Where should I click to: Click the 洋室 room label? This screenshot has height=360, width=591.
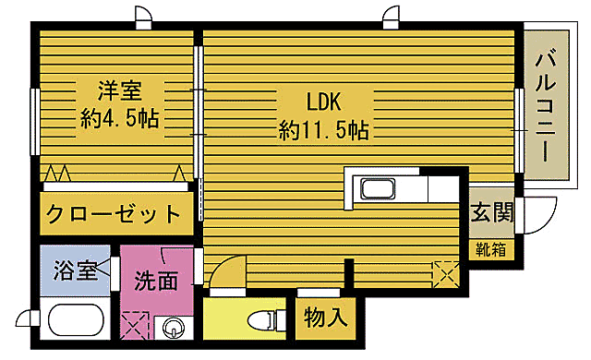(x=119, y=90)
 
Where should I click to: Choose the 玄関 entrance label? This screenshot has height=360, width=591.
(x=491, y=213)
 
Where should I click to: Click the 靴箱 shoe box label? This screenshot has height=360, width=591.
(x=491, y=249)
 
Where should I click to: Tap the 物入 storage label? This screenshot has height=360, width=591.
(x=326, y=318)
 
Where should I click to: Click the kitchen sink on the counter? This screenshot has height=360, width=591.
(x=379, y=189)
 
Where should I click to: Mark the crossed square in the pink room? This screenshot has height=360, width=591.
(x=135, y=326)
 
